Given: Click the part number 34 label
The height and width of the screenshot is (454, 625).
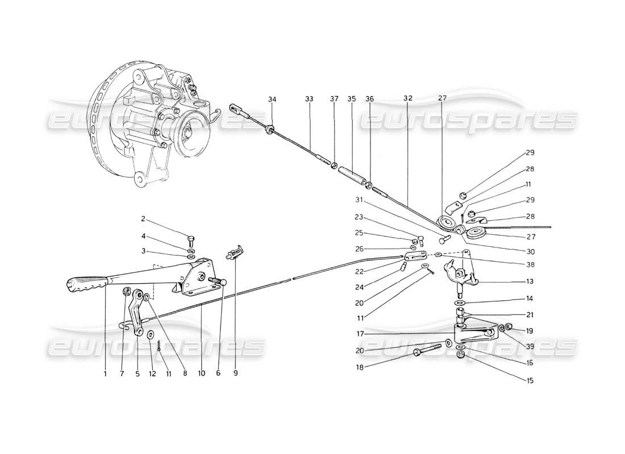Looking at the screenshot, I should pyautogui.click(x=272, y=99).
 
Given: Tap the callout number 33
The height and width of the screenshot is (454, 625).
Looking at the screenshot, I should pyautogui.click(x=309, y=99).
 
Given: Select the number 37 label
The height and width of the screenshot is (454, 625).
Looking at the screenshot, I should pyautogui.click(x=334, y=99).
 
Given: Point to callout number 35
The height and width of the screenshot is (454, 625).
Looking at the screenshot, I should pyautogui.click(x=352, y=99).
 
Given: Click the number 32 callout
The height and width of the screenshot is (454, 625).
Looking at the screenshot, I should pyautogui.click(x=408, y=98).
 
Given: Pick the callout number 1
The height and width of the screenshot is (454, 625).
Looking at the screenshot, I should pyautogui.click(x=105, y=373).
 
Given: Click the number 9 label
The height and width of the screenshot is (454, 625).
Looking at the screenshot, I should pyautogui.click(x=235, y=373).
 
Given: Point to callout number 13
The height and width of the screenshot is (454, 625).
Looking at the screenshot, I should pyautogui.click(x=530, y=280).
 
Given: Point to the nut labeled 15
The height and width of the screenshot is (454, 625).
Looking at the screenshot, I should pyautogui.click(x=461, y=355).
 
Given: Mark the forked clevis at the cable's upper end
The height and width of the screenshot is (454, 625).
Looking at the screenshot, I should pyautogui.click(x=238, y=108).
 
